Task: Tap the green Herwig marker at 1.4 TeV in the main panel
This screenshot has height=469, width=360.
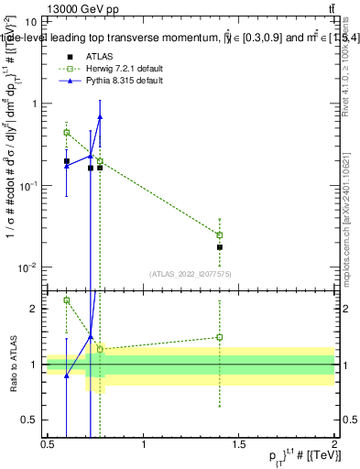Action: click(220, 235)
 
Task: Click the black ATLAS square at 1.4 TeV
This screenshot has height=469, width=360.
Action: click(220, 247)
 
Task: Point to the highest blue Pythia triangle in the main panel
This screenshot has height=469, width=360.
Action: click(100, 116)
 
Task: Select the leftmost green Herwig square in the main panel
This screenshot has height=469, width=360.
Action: click(66, 132)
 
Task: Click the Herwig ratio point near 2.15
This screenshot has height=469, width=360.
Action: click(66, 300)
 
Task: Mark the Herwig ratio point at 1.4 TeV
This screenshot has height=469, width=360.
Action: click(220, 337)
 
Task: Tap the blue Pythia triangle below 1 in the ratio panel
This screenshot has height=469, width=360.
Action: click(66, 376)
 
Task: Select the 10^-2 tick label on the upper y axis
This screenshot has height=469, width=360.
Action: click(27, 267)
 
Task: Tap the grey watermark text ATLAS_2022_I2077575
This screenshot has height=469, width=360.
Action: click(190, 273)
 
